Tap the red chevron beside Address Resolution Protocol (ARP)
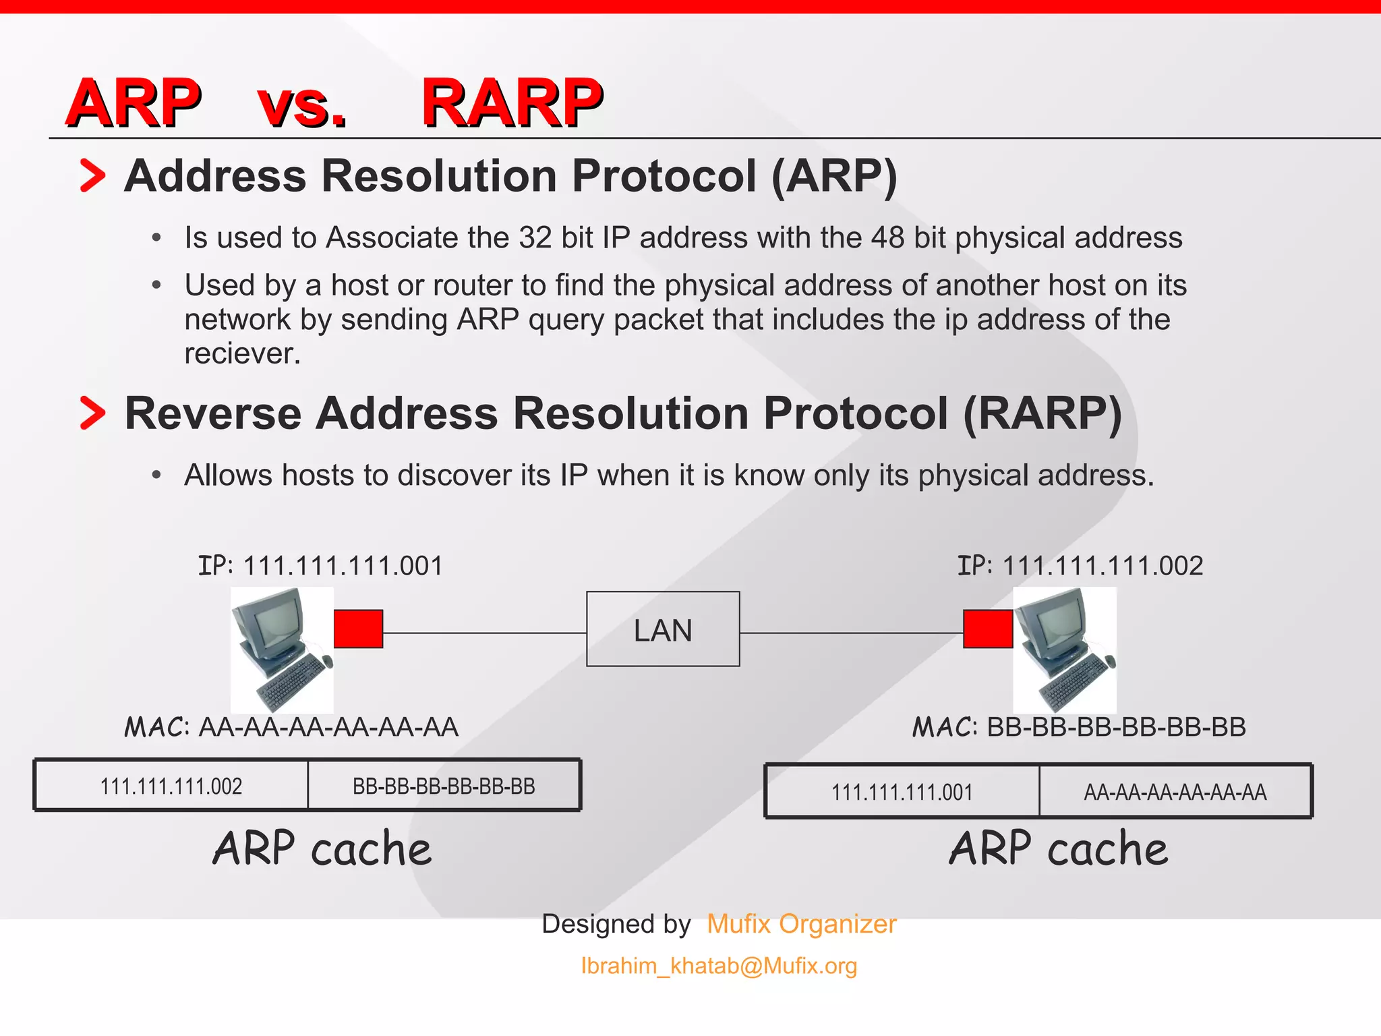coord(92,175)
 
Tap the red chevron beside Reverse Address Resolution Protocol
coord(92,413)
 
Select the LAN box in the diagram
coord(663,629)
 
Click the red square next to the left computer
coord(358,629)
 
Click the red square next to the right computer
coord(987,629)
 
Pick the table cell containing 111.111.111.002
coord(171,786)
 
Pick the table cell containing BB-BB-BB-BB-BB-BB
coord(444,786)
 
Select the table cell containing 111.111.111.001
coord(902,791)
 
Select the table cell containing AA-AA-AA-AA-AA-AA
coord(1175,791)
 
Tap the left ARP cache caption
coord(322,848)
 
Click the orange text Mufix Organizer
coord(801,923)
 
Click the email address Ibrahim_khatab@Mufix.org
coord(719,966)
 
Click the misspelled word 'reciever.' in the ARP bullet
coord(242,353)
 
